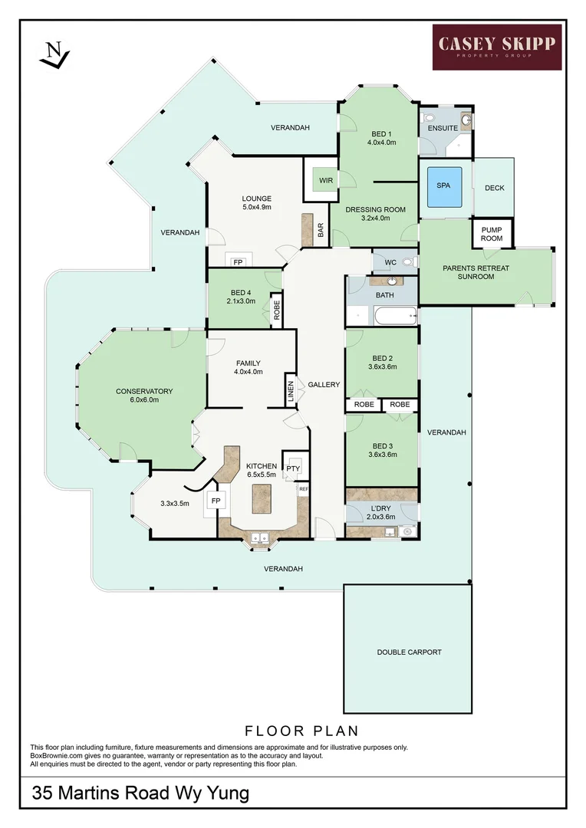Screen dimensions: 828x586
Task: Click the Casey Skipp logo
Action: [x=497, y=47]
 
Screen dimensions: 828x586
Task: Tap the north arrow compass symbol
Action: [x=54, y=54]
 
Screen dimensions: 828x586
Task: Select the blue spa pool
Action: [x=443, y=186]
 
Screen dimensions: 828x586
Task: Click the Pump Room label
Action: [x=492, y=234]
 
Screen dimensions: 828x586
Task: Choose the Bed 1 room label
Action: [x=380, y=138]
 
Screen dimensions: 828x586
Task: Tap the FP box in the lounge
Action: [x=238, y=262]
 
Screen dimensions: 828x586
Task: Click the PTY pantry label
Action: [x=293, y=469]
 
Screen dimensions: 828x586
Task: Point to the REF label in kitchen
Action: [x=303, y=488]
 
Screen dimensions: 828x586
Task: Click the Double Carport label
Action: [x=409, y=652]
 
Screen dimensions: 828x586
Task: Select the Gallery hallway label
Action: [x=324, y=385]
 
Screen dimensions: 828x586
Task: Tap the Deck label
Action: [x=495, y=188]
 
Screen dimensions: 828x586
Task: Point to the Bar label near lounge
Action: [x=321, y=230]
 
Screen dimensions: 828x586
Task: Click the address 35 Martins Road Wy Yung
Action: [x=140, y=793]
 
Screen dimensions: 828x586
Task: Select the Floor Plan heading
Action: [x=301, y=731]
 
